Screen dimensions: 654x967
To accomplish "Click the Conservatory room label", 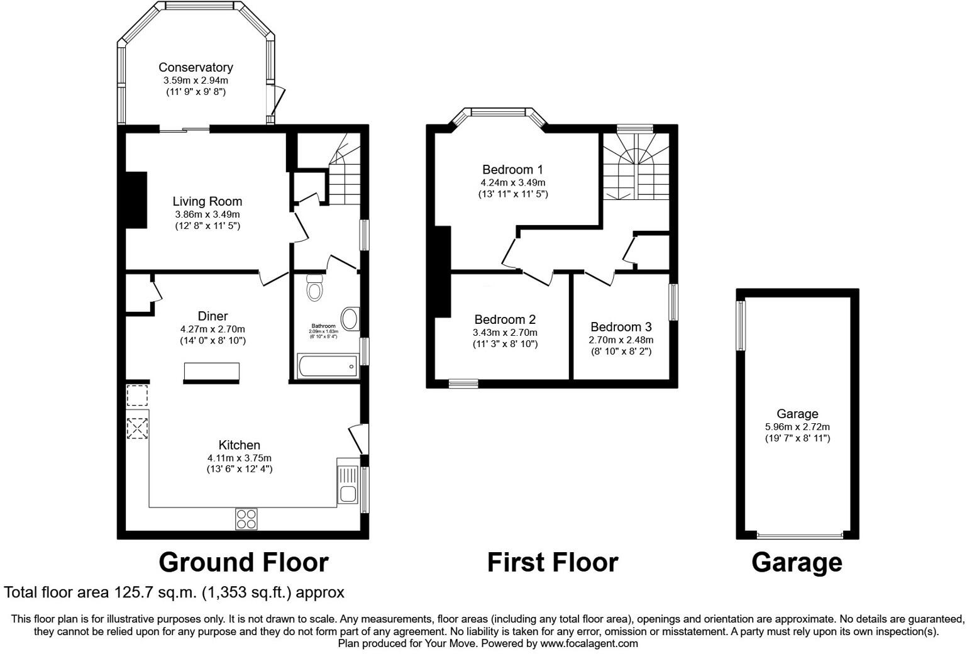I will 196,67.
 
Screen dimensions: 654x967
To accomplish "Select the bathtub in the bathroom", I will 327,365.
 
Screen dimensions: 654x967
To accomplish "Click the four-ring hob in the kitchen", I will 246,518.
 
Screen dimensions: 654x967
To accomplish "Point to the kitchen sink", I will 348,484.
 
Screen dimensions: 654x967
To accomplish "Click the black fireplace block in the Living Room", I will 136,200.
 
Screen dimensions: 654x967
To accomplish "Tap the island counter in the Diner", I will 211,372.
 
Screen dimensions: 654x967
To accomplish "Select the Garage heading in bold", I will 797,562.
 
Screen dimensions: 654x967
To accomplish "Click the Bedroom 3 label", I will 621,327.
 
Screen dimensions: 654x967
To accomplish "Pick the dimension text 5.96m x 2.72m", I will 797,426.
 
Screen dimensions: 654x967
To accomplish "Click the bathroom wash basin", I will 350,319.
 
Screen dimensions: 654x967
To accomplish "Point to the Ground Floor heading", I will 243,562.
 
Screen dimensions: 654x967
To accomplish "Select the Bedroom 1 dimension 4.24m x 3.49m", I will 512,182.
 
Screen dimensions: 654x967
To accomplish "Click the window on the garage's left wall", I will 741,325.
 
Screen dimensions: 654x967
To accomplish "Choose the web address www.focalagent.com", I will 589,643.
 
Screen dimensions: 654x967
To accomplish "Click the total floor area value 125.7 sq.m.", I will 148,592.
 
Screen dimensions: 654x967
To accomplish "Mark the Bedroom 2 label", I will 505,319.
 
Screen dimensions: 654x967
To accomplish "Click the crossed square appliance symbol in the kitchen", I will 137,428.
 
